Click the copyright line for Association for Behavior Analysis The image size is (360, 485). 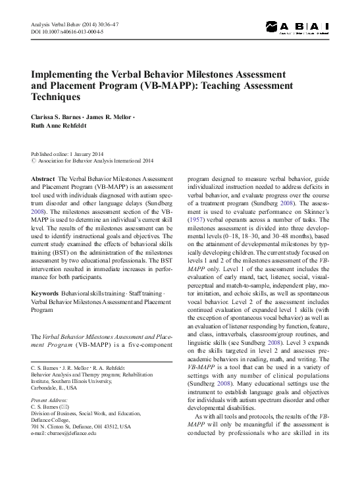pyautogui.click(x=95, y=160)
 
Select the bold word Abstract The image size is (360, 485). pyautogui.click(x=43, y=179)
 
